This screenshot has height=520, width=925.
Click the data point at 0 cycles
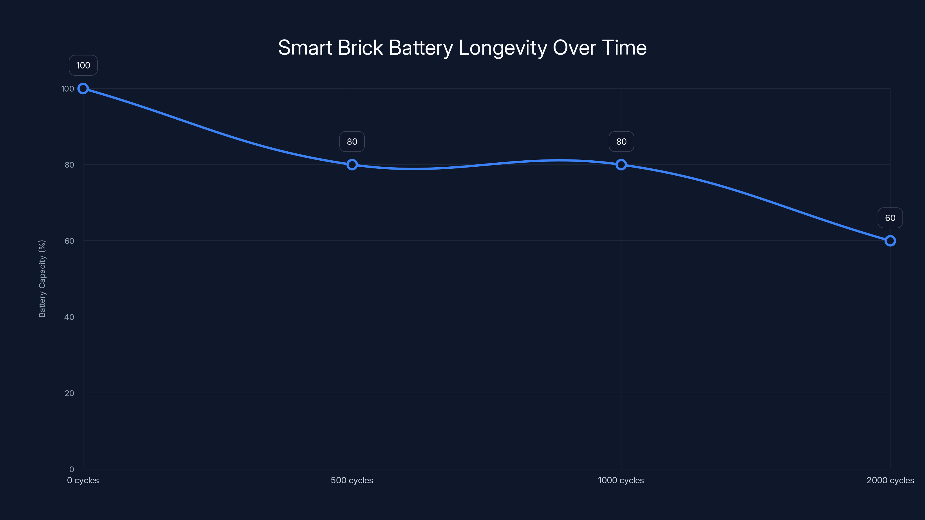[83, 89]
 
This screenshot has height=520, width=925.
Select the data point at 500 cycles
[352, 165]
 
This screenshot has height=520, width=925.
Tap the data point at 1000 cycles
[621, 165]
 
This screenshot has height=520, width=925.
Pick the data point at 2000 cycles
[890, 241]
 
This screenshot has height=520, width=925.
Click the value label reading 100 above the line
[83, 65]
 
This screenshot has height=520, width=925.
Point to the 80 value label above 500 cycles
[352, 142]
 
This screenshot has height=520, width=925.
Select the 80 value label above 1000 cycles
[621, 142]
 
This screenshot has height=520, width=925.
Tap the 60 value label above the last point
[890, 218]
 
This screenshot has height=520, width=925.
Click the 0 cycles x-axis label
[83, 480]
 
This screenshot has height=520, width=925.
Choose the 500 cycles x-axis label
[352, 480]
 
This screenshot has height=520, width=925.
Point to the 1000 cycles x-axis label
[621, 480]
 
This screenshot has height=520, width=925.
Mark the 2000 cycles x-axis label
[890, 480]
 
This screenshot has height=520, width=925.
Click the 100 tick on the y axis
[68, 89]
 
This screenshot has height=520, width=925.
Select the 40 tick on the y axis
[69, 317]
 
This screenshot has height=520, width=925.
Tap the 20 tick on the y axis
[69, 393]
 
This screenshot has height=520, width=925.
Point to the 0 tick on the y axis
[71, 469]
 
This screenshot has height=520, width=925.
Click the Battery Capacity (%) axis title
[42, 278]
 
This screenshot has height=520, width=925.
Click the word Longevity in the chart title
[502, 48]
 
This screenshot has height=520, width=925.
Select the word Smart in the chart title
[305, 48]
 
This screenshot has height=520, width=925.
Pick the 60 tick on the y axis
[69, 241]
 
